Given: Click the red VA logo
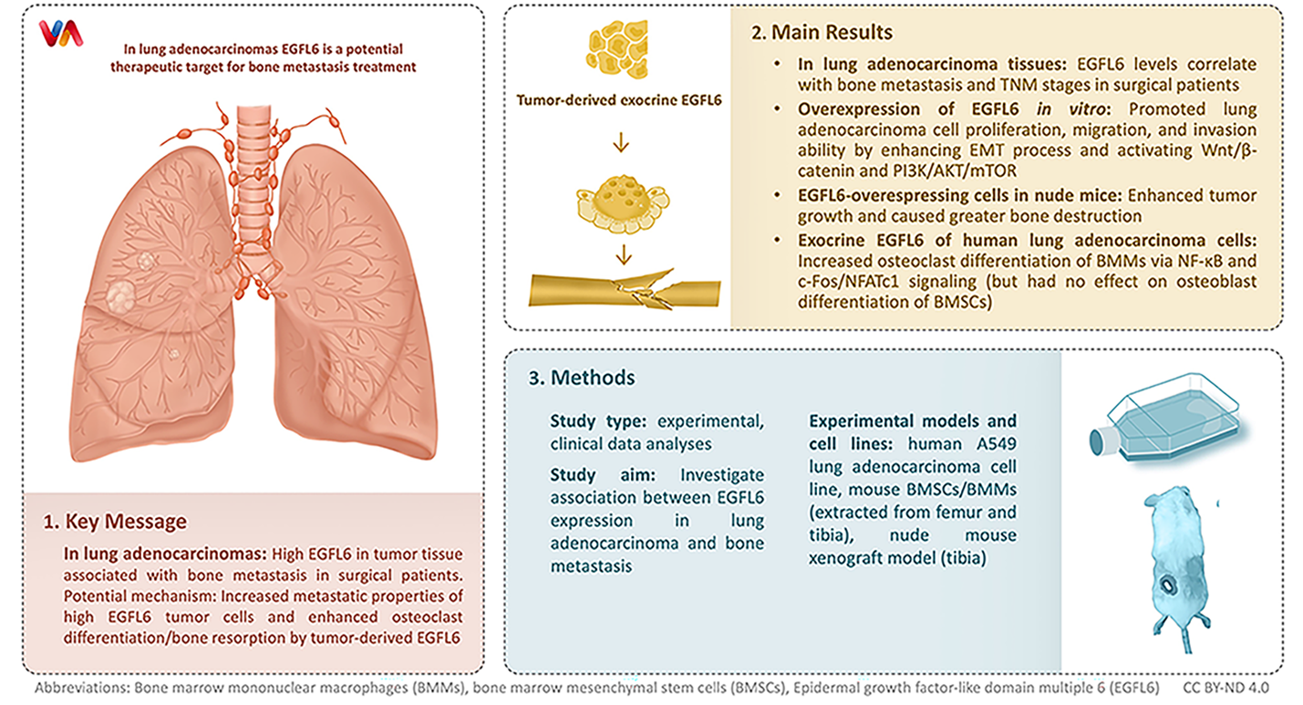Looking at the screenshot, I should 61,34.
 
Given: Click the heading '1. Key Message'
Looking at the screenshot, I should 115,522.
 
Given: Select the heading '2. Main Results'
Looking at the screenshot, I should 821,33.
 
